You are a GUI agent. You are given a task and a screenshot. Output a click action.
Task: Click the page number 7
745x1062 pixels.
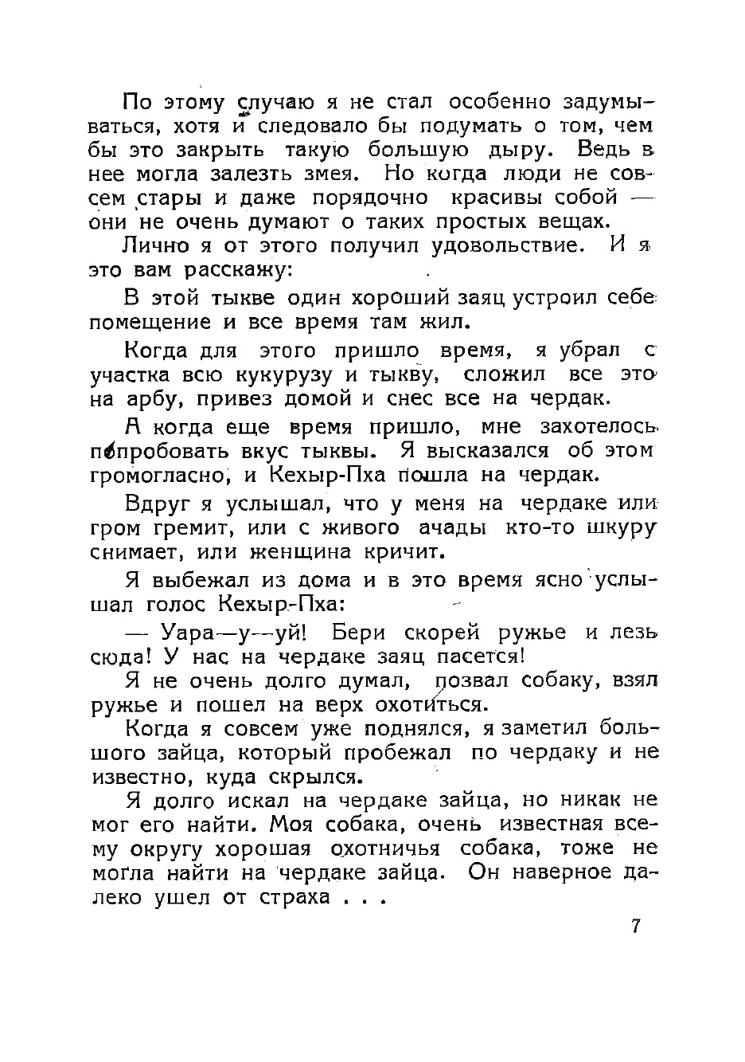[635, 926]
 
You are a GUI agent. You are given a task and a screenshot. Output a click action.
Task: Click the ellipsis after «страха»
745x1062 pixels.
[363, 898]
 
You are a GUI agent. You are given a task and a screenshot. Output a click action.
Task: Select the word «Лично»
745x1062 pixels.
[157, 245]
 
